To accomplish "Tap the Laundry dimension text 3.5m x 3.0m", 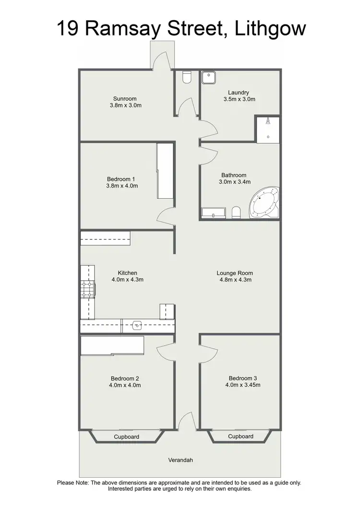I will [x=239, y=99].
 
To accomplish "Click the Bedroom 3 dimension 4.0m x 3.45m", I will [x=240, y=384].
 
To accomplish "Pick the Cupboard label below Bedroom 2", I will [x=127, y=437].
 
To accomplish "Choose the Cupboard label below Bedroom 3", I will [x=240, y=436].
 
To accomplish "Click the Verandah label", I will [x=180, y=460].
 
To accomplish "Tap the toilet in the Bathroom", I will [x=236, y=212].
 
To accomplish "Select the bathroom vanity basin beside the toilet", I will [x=213, y=213].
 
